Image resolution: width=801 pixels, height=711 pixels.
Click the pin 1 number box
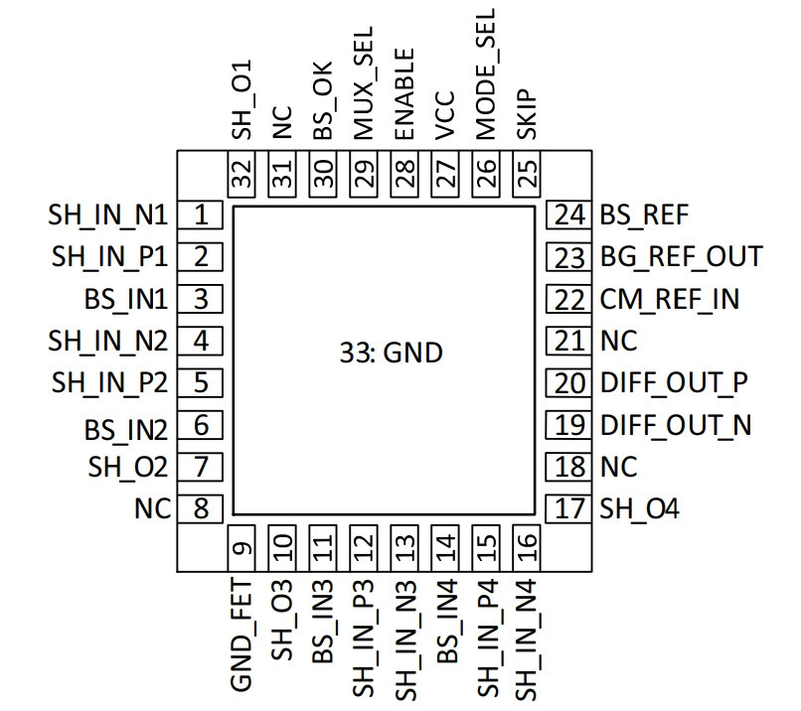click(201, 214)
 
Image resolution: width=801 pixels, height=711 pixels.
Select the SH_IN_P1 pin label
click(110, 257)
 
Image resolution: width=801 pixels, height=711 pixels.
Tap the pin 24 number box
click(569, 214)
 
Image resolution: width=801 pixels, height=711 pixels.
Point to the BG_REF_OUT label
click(682, 257)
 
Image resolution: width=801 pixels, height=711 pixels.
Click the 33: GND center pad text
click(392, 353)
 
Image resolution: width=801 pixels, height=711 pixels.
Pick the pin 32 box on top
click(241, 174)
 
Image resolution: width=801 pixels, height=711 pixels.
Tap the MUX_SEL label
click(364, 83)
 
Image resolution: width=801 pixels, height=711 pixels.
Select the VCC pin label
click(444, 115)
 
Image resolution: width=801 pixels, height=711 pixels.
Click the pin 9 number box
click(241, 548)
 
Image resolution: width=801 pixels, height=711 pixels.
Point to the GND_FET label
click(241, 635)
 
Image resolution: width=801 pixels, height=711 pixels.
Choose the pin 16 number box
click(527, 548)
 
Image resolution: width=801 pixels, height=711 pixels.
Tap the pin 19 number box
click(569, 425)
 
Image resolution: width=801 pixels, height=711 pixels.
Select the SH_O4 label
click(640, 508)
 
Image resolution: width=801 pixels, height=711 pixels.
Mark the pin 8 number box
click(201, 508)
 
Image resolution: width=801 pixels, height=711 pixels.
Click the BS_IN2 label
click(126, 430)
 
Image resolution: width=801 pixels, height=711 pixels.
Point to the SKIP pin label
click(526, 115)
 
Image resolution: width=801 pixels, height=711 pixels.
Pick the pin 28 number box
click(404, 174)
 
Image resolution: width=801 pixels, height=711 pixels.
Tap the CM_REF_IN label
click(670, 300)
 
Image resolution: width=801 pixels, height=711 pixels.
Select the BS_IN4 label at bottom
click(447, 622)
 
